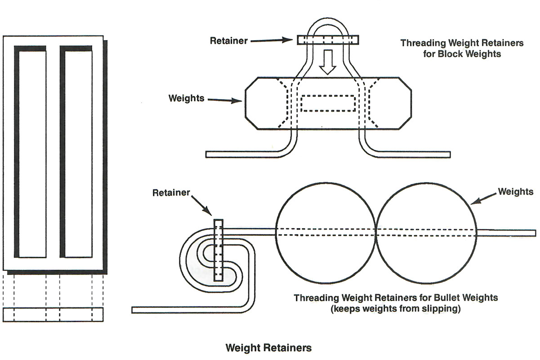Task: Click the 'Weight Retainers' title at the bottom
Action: tap(268, 347)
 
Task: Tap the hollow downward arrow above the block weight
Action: tap(327, 62)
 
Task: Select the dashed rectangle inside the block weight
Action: tap(327, 103)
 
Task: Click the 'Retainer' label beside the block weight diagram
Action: tap(228, 40)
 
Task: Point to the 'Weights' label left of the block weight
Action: tap(186, 98)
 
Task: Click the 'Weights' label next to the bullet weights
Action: tap(516, 192)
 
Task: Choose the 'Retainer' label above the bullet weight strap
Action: tap(171, 193)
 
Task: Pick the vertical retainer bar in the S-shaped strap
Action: tap(218, 250)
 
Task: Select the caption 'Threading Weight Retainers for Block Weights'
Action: tap(462, 49)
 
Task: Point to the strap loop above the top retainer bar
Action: tap(327, 25)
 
